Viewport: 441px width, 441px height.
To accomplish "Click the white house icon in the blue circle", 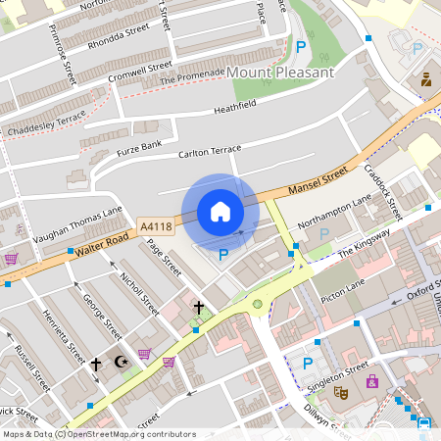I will coord(220,212).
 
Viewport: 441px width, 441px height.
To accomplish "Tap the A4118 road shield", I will coord(156,226).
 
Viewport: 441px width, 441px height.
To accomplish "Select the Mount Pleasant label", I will coord(280,73).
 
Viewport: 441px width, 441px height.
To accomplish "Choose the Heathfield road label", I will coord(234,103).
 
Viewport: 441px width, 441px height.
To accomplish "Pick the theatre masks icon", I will coord(342,392).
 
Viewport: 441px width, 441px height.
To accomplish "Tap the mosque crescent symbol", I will coord(122,362).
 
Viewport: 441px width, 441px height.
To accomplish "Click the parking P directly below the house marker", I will coord(223,255).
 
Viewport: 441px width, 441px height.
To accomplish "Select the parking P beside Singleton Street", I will coord(308,364).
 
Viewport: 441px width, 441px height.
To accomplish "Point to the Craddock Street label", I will coord(383,192).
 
